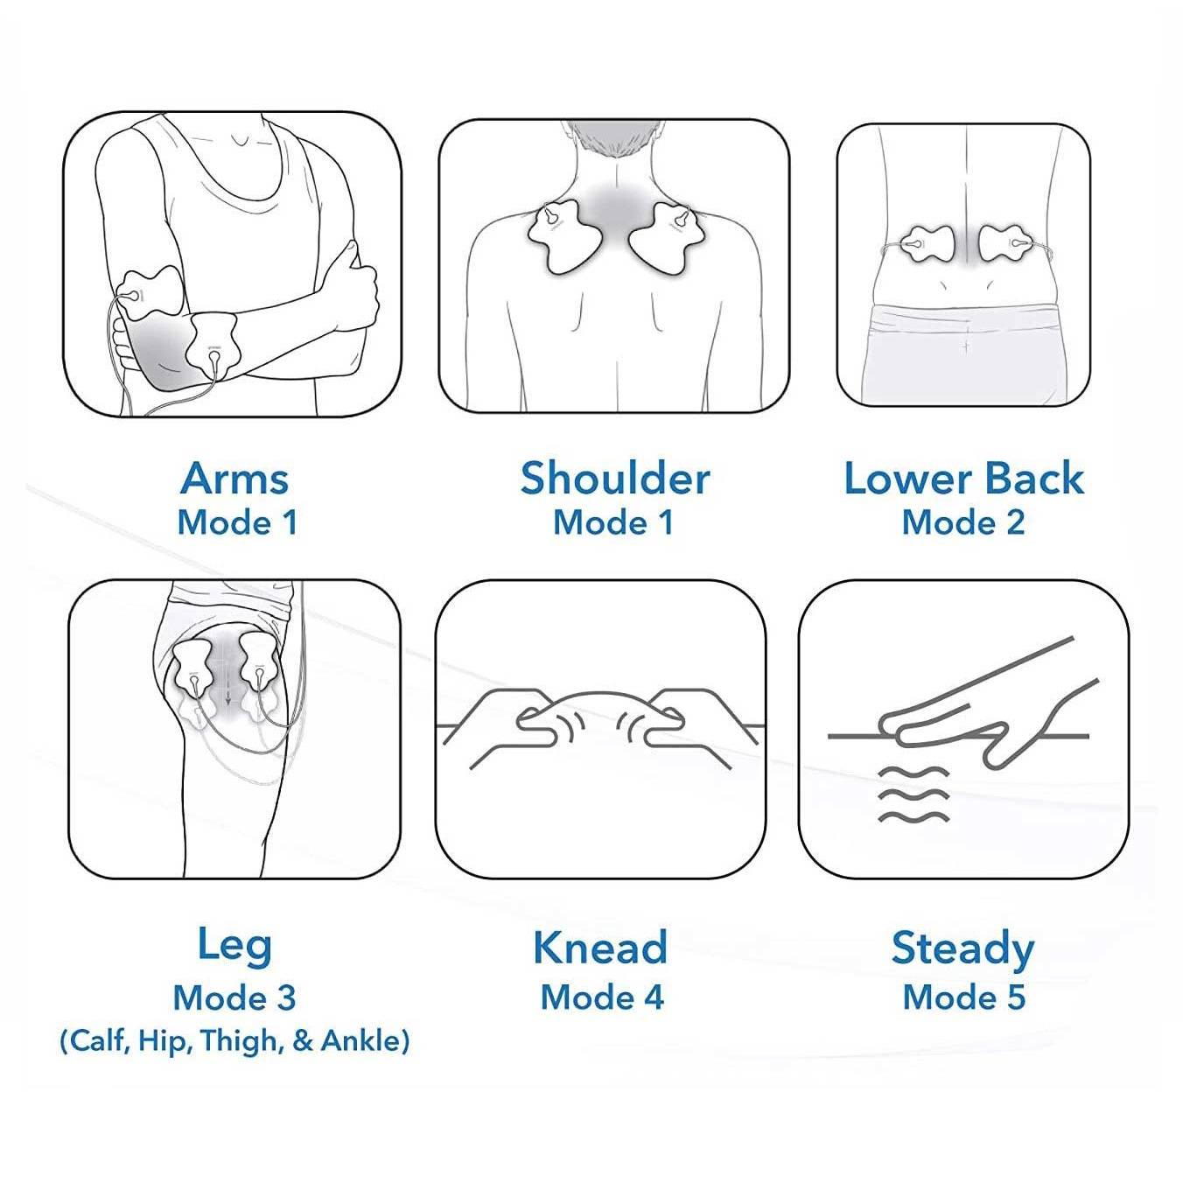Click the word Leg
pos(235,948)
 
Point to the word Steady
pos(963,950)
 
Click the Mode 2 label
pos(963,523)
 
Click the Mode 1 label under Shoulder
pos(613,523)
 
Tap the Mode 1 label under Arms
pos(237,523)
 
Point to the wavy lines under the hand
pos(914,794)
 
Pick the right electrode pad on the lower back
pos(1002,243)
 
